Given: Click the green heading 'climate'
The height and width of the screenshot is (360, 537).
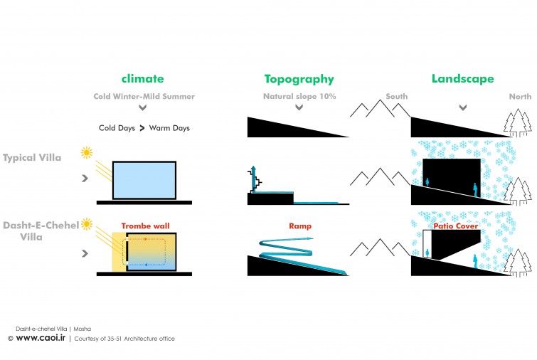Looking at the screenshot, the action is pos(142,79).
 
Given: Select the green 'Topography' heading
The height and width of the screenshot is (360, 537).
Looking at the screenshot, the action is pos(299,80).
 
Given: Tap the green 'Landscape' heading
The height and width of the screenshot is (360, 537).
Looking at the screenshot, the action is pos(463,79).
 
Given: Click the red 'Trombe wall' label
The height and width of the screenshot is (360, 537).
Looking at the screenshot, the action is pos(145,226).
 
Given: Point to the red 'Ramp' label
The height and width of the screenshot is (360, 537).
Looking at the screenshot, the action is pos(300,226).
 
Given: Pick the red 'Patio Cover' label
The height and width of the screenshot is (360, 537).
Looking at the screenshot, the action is pos(455,226).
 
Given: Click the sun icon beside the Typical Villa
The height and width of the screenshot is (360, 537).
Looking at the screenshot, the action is pos(87,152).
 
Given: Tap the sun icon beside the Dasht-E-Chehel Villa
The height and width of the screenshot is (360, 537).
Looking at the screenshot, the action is pos(87,224).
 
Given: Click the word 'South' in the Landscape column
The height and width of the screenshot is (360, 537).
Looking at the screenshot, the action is pos(397,97).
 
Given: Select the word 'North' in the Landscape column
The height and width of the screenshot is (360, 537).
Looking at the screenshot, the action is pos(520,97).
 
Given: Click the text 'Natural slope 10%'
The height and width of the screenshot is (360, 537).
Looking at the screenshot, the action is pos(299,97).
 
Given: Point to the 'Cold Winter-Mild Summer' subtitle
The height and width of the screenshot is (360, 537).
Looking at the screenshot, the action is pos(144,97).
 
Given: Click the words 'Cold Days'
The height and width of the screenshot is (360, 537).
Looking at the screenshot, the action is pos(117,128).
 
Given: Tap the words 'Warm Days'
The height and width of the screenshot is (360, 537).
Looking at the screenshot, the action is pos(169,128).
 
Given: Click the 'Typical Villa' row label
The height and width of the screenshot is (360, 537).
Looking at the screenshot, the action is pos(32,158).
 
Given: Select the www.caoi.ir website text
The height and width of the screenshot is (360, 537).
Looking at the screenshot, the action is pos(41,338).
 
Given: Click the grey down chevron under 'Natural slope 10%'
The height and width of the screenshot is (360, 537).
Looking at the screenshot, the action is pos(299,107).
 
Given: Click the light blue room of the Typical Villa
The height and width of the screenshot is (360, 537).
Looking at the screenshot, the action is pos(144,180).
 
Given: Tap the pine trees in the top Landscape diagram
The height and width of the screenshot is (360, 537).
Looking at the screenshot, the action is pos(518,122).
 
